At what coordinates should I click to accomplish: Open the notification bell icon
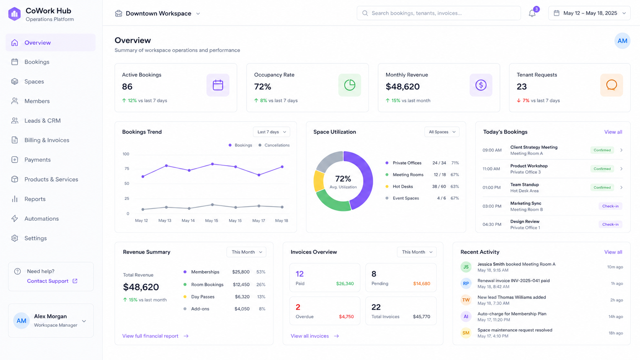[532, 13]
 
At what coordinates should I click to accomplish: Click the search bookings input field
[439, 13]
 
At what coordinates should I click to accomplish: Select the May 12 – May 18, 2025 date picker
[589, 13]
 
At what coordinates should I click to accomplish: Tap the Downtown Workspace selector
[157, 13]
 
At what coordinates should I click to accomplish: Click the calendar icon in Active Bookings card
[218, 85]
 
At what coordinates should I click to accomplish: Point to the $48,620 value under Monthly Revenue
[403, 86]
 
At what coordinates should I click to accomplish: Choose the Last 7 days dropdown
[271, 132]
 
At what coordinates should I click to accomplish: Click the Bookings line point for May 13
[166, 166]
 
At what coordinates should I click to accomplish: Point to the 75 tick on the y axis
[127, 169]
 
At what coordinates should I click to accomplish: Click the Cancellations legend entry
[274, 145]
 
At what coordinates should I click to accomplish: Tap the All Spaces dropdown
[442, 132]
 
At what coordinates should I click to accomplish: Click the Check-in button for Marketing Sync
[610, 206]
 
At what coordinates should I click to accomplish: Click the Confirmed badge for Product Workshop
[602, 169]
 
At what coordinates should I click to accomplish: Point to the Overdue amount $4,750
[346, 317]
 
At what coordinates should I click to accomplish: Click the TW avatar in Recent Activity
[466, 300]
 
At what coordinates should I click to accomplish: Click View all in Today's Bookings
[613, 132]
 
